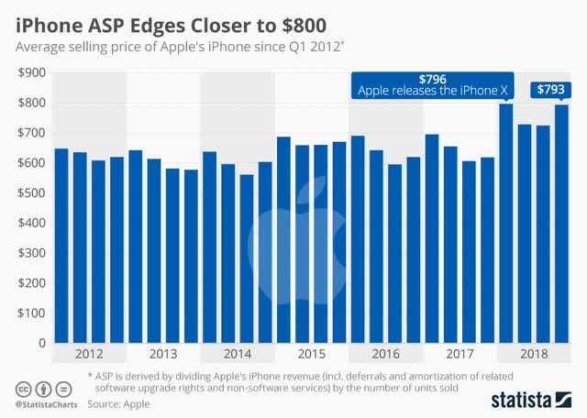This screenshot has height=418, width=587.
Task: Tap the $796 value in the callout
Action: [432, 78]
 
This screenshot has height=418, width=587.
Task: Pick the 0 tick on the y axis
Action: [39, 343]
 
